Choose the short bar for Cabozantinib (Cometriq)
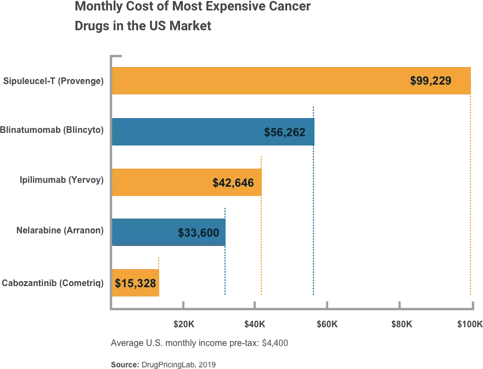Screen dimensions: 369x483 136,283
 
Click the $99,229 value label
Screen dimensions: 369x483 430,81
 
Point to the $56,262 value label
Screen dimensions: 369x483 284,132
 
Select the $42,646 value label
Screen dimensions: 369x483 233,183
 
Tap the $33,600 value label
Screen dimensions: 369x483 198,233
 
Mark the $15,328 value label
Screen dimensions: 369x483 136,283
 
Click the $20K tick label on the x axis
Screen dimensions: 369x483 183,324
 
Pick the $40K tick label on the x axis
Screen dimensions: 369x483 255,324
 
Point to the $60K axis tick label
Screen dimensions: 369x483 327,324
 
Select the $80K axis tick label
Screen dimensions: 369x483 402,324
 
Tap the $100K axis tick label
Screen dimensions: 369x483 469,324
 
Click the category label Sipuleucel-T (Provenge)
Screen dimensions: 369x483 53,81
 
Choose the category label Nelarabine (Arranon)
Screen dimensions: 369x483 60,230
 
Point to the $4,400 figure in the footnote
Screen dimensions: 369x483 275,343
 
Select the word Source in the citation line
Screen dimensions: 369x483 125,364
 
